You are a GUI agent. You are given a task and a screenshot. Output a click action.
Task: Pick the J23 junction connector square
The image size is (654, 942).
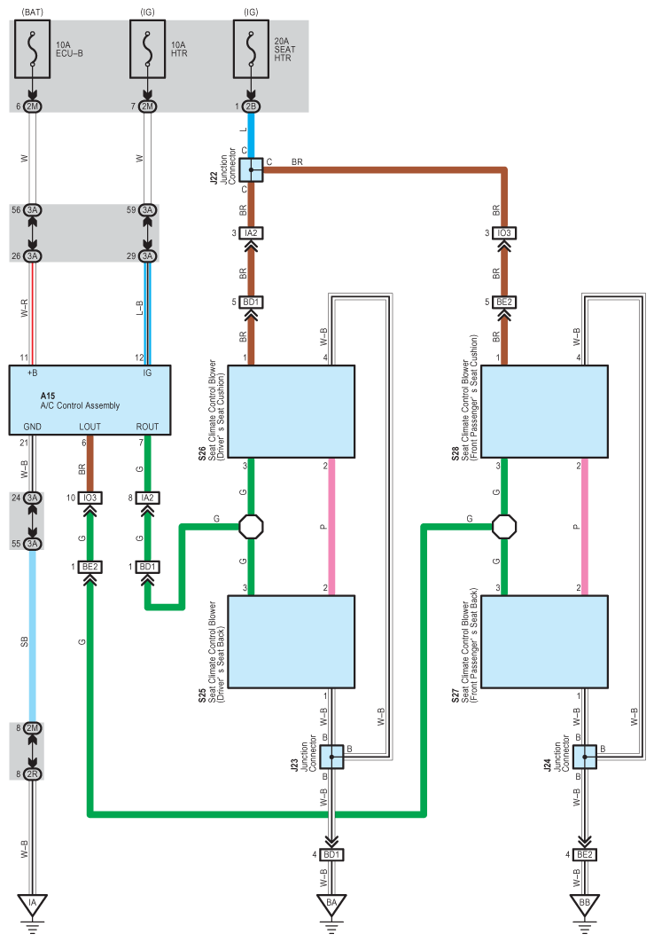point(331,757)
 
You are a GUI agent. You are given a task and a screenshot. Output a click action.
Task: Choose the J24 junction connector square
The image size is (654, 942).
point(584,757)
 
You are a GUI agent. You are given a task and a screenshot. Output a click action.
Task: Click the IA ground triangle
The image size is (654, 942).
point(34,906)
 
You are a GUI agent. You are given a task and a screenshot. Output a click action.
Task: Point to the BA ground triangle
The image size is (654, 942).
point(331,906)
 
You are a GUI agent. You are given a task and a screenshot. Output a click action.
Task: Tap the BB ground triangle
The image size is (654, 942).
point(584,906)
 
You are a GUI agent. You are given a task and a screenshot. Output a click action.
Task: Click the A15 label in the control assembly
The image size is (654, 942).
point(48,395)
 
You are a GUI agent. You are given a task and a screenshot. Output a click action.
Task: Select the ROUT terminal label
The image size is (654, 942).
point(148,427)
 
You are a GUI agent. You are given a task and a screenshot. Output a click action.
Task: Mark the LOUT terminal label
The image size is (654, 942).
point(90,427)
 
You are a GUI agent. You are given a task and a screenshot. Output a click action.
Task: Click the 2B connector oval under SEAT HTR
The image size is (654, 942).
point(251,106)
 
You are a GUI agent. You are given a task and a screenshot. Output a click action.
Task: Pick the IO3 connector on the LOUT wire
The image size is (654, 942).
point(90,498)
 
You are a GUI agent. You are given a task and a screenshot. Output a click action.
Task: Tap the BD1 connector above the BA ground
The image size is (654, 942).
point(331,854)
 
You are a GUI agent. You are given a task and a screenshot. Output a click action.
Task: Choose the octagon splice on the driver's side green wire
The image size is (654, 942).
point(252,526)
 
